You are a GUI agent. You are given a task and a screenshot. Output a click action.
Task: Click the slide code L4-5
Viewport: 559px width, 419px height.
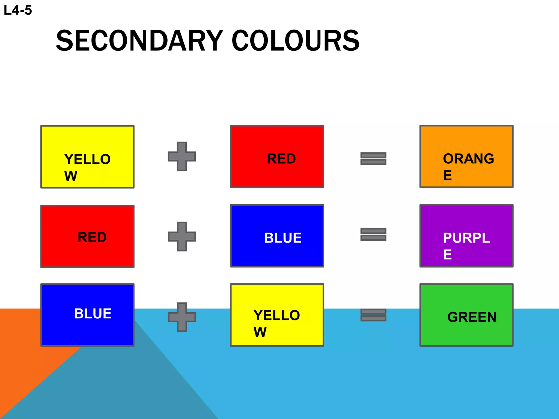pos(18,10)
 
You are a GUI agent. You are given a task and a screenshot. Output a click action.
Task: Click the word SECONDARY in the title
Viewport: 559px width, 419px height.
pos(139,41)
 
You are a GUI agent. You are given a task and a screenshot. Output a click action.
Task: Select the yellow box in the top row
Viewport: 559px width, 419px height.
pos(87,157)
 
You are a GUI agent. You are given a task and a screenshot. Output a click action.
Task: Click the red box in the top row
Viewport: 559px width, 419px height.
pos(277,157)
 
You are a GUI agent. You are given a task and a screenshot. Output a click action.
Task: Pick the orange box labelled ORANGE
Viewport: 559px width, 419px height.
pos(466,157)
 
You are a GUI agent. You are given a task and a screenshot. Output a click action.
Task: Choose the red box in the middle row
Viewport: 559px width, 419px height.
pos(87,237)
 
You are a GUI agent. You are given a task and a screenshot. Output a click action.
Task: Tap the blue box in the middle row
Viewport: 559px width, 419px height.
pos(277,236)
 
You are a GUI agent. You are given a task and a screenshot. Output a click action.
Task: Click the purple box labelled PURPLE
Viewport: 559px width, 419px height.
pos(466,236)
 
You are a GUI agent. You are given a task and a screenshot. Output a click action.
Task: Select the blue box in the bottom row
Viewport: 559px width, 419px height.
pos(87,315)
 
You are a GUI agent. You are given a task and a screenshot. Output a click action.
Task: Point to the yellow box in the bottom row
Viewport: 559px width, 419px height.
pos(277,315)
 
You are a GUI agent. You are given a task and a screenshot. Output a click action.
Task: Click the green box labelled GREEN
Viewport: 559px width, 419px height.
pos(466,315)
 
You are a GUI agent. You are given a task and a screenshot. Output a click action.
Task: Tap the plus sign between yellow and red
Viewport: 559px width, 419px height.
pos(182,157)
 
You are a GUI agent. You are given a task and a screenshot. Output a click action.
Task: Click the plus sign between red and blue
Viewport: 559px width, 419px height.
pos(182,237)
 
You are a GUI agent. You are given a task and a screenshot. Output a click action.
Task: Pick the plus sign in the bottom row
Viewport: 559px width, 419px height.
pos(182,317)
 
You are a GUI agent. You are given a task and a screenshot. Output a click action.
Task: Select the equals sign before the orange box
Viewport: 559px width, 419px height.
pos(373,159)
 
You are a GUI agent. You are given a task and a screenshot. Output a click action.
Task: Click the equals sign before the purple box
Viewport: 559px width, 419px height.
pos(373,234)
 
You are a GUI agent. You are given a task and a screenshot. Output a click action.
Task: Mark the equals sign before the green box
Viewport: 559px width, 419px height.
pos(373,315)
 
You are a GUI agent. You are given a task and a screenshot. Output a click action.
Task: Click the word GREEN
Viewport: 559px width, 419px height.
pos(472,317)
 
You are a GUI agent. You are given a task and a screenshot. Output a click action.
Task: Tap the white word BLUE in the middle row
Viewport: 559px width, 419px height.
pos(283,238)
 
